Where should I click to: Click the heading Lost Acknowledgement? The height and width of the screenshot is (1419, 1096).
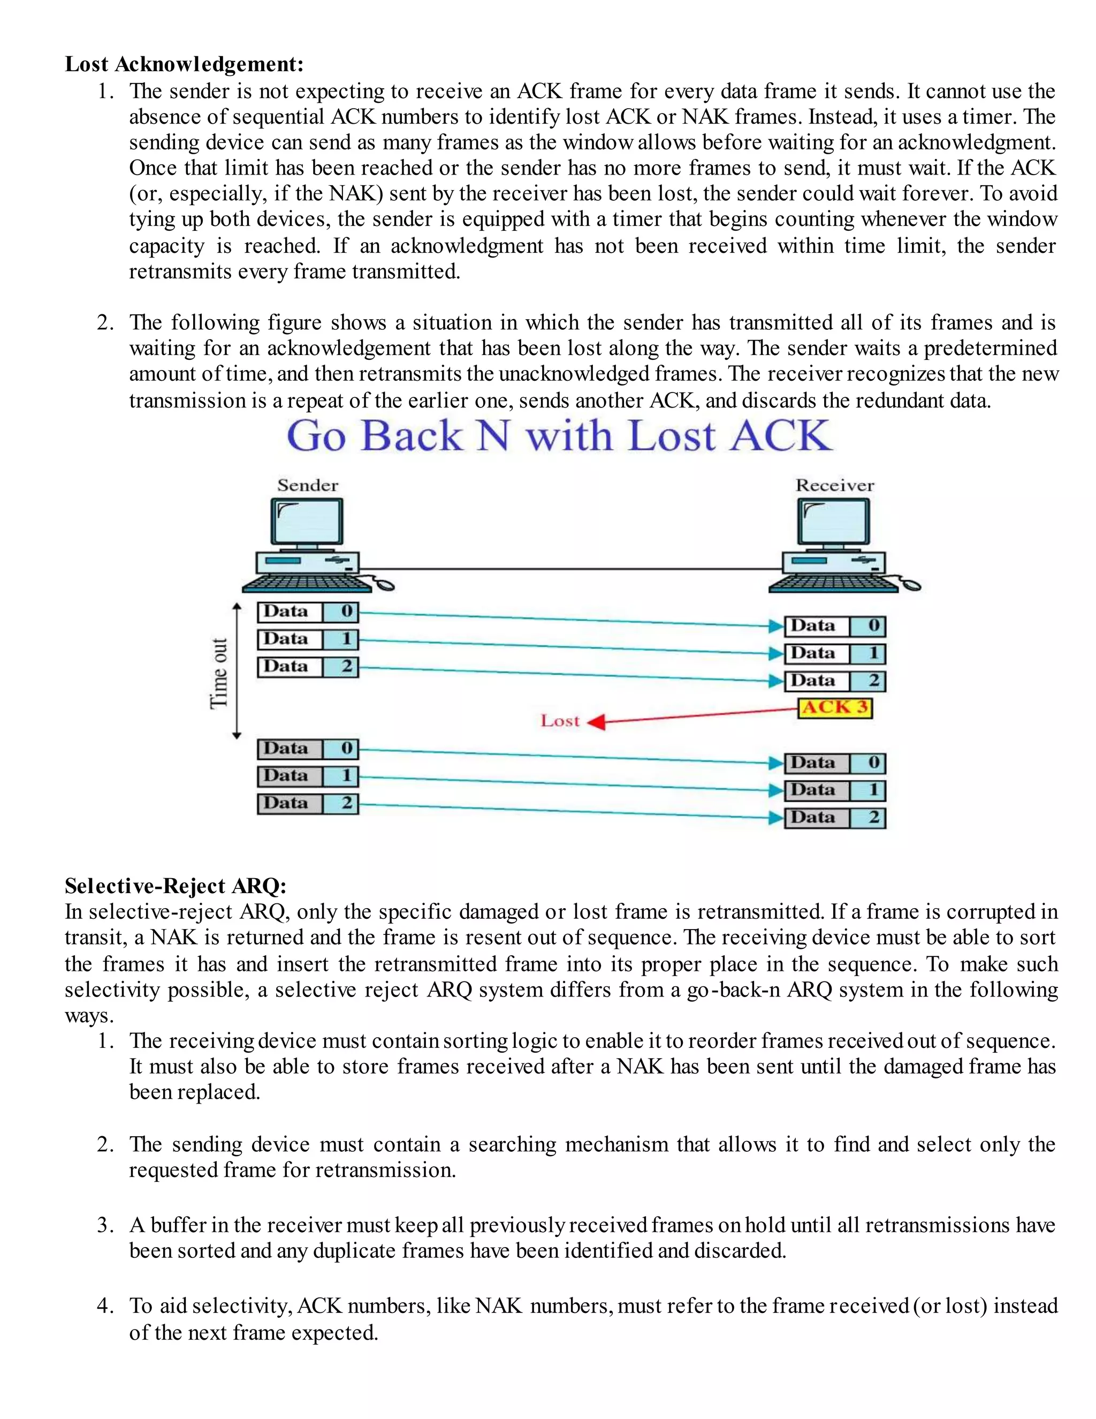(x=185, y=64)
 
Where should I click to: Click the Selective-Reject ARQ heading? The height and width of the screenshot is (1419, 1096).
(x=176, y=886)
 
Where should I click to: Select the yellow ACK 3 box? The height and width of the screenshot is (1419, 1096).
(x=835, y=707)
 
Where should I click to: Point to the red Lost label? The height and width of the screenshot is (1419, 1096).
(x=560, y=721)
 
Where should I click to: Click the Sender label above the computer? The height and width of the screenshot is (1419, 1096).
(x=308, y=485)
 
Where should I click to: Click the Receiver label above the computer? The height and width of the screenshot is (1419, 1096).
(x=835, y=485)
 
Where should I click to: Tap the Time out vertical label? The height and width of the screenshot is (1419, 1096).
(x=219, y=673)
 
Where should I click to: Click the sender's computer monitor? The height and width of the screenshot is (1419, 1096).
(x=307, y=522)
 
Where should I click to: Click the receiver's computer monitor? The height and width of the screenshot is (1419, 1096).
(x=834, y=522)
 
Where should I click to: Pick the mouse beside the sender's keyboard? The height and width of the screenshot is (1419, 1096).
(x=385, y=585)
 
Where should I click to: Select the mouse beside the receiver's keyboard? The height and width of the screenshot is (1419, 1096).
(x=911, y=585)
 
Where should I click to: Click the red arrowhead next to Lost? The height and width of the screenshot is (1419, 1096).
(x=597, y=722)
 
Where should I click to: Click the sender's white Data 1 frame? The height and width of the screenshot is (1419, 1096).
(x=308, y=639)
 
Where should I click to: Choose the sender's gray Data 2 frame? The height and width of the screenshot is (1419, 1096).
(x=308, y=804)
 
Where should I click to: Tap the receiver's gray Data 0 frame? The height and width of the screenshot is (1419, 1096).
(x=835, y=763)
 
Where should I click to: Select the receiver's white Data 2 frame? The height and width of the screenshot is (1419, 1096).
(x=835, y=681)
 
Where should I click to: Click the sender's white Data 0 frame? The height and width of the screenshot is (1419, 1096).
(x=308, y=612)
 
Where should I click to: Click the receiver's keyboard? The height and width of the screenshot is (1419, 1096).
(x=834, y=584)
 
